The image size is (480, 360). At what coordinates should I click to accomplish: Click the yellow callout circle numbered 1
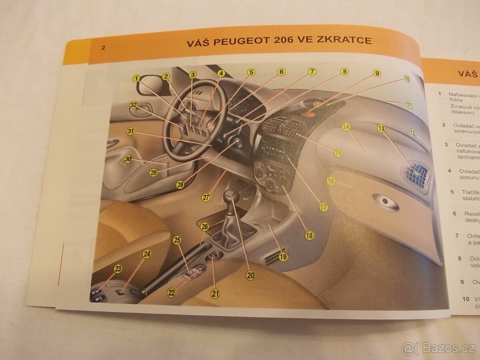(x=137, y=78)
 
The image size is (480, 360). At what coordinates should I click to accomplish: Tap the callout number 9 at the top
(x=376, y=73)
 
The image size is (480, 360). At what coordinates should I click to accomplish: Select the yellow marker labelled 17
(x=323, y=207)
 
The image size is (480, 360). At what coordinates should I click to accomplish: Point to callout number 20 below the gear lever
(x=250, y=275)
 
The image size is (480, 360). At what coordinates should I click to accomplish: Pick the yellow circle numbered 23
(x=118, y=269)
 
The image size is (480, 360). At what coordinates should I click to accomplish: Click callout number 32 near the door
(x=134, y=105)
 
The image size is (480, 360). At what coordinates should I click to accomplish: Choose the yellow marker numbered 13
(x=381, y=128)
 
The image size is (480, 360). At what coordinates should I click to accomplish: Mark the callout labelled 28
(x=180, y=184)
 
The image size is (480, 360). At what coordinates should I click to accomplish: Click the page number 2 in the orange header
(x=103, y=48)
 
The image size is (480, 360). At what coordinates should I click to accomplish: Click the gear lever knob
(x=232, y=195)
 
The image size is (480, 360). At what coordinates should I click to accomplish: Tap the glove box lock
(x=386, y=202)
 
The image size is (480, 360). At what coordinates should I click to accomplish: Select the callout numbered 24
(x=147, y=254)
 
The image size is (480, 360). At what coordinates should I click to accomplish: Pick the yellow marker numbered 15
(x=338, y=153)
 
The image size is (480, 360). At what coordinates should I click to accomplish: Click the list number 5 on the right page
(x=452, y=192)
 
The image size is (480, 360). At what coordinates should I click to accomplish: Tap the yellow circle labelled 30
(x=128, y=159)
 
